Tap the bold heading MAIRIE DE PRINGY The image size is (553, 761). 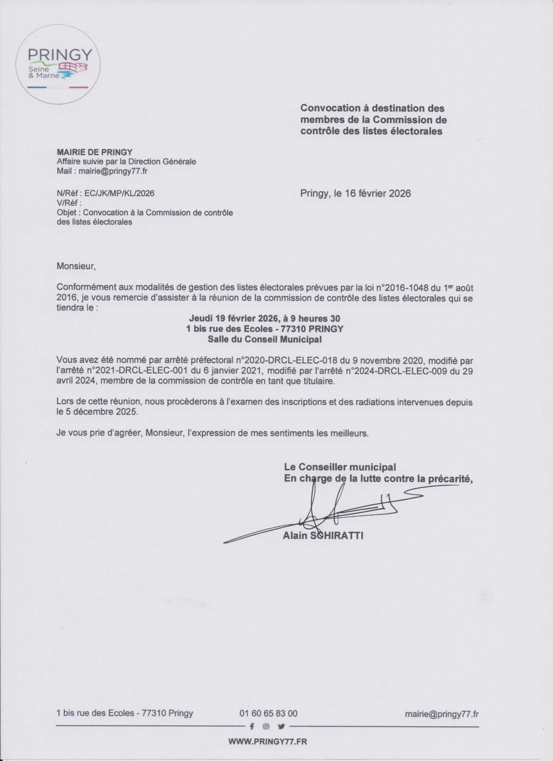(94, 152)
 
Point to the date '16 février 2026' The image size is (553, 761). (376, 194)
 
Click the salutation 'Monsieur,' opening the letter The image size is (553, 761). (76, 266)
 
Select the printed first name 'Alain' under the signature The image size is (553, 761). (295, 536)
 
